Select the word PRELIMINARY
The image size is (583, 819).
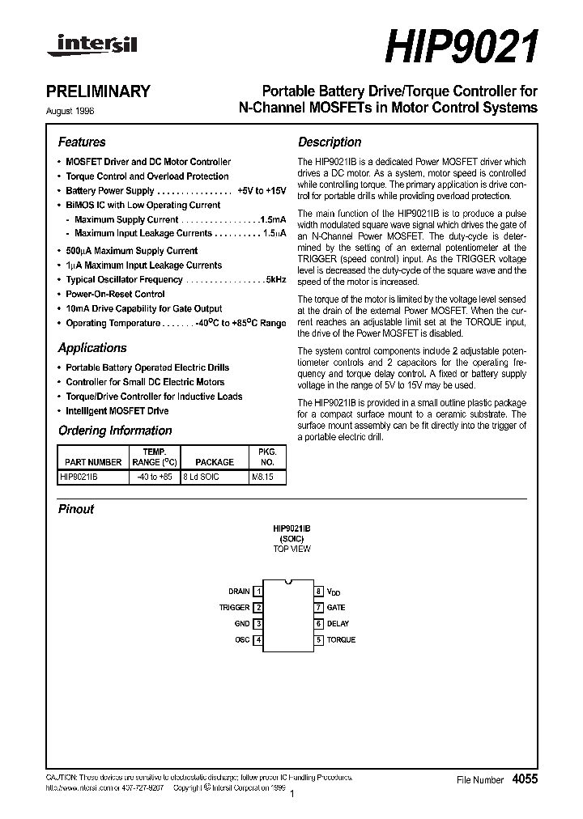click(x=104, y=91)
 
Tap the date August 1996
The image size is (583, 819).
click(x=81, y=108)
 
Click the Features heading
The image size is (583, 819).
click(x=82, y=142)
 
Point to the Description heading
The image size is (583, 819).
click(x=330, y=142)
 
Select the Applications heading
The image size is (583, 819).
click(x=92, y=348)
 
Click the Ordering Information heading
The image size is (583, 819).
click(x=115, y=431)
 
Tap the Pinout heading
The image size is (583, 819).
click(x=76, y=509)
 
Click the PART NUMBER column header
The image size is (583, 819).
click(x=91, y=462)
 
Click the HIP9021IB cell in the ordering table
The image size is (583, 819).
click(x=79, y=477)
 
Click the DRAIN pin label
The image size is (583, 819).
click(x=239, y=592)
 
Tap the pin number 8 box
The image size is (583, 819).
click(x=319, y=592)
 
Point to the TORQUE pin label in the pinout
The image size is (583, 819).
click(x=341, y=640)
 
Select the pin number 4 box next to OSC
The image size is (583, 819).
click(x=258, y=640)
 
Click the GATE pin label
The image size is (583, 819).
click(x=336, y=608)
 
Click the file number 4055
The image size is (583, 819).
click(x=524, y=779)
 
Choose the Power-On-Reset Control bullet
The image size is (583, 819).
click(x=115, y=294)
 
